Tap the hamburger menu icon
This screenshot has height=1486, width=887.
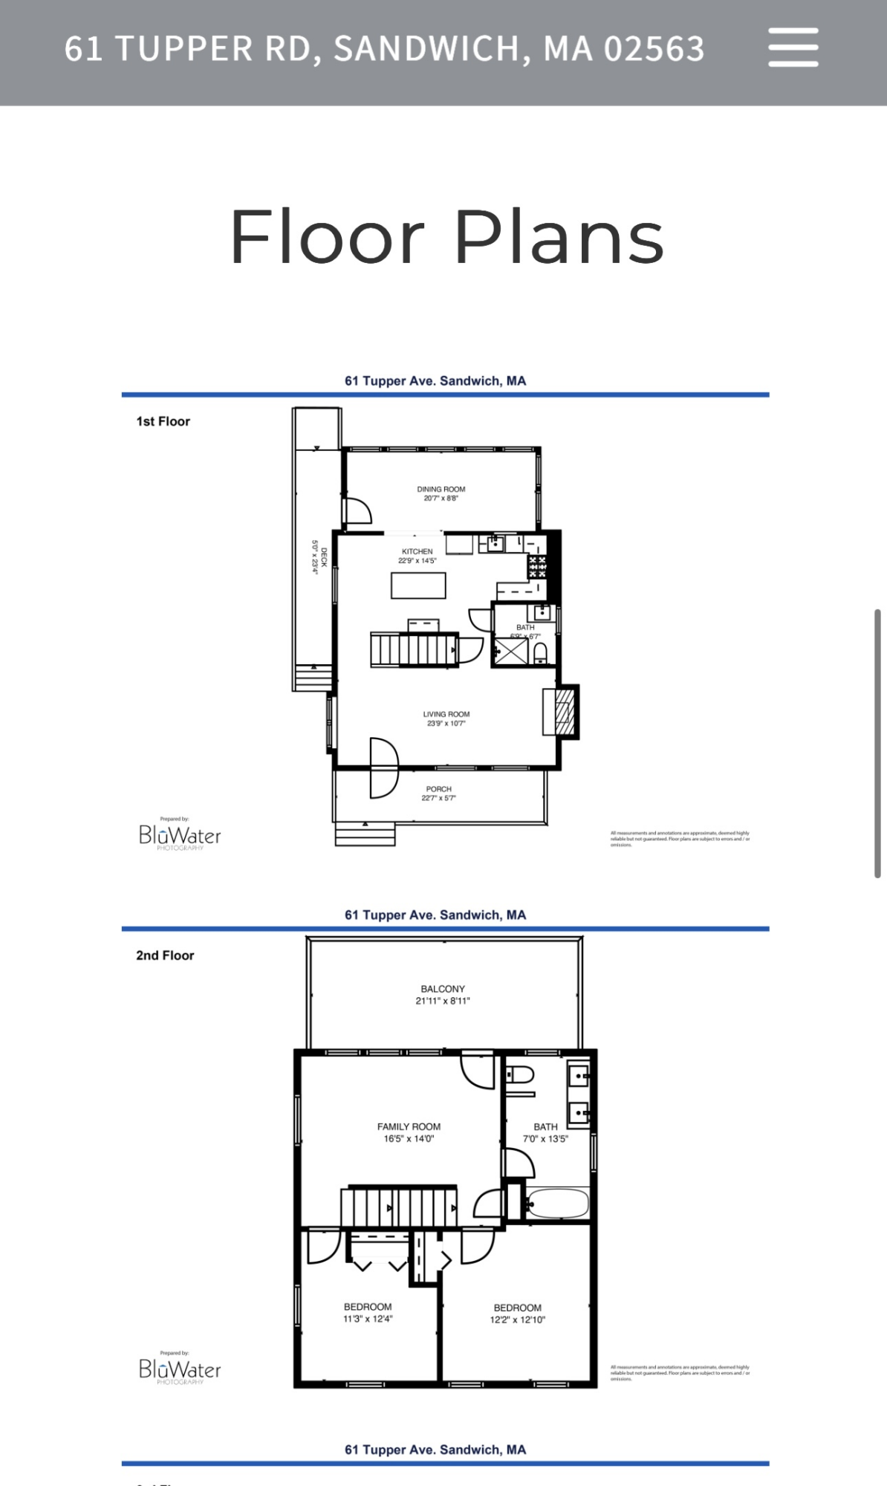[793, 48]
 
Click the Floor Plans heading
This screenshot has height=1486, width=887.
[446, 237]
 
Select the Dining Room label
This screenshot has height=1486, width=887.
[441, 490]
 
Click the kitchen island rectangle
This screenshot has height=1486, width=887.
[418, 585]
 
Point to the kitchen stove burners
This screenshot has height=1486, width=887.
[537, 567]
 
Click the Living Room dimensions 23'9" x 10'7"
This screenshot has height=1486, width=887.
[446, 724]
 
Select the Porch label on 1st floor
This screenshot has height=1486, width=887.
[438, 789]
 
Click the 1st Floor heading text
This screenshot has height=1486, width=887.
[163, 421]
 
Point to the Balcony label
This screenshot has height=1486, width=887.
[442, 989]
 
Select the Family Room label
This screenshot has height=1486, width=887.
[409, 1126]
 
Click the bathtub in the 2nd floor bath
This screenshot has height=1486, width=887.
[557, 1203]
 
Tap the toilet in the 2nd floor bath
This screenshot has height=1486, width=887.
[520, 1075]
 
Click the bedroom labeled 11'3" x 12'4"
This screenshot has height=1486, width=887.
[367, 1313]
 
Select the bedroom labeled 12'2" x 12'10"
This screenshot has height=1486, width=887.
[517, 1314]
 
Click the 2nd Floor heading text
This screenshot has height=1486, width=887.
[165, 955]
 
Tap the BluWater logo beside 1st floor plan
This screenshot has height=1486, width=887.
[180, 836]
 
